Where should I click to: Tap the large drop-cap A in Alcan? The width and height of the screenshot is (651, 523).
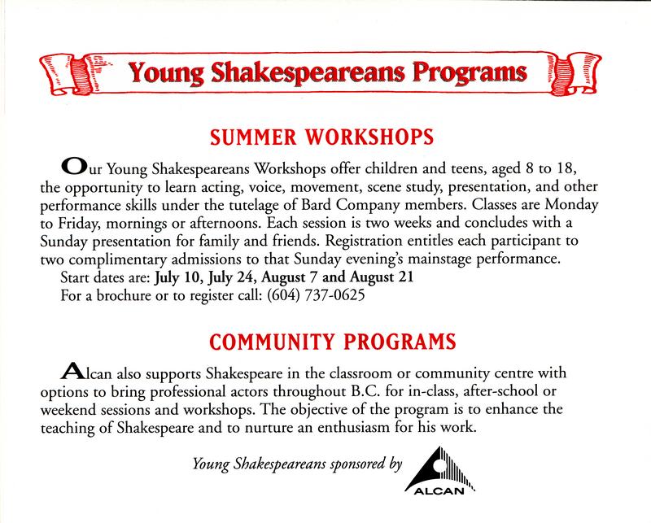pyautogui.click(x=72, y=370)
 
